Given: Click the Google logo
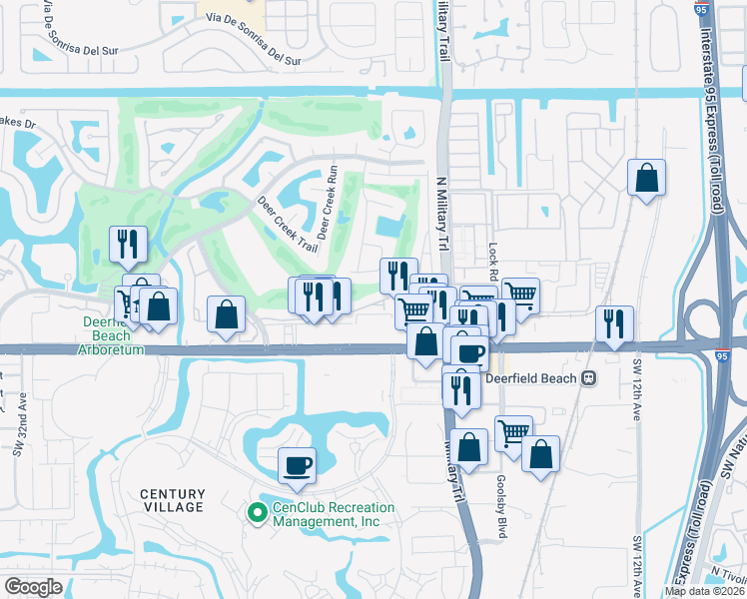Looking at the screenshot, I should (33, 587).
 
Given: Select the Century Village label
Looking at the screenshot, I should (172, 500).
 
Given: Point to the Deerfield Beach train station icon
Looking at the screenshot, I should (590, 379).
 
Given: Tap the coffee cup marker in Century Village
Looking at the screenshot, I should (297, 464).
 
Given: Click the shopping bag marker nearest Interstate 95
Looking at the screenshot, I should (646, 178).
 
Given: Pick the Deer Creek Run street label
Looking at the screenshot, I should (334, 196).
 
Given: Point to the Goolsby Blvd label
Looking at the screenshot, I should (500, 493).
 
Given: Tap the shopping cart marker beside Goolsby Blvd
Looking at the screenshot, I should (513, 432).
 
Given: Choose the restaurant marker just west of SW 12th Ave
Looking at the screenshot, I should (613, 322).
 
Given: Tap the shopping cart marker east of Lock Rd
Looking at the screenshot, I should (520, 295).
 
